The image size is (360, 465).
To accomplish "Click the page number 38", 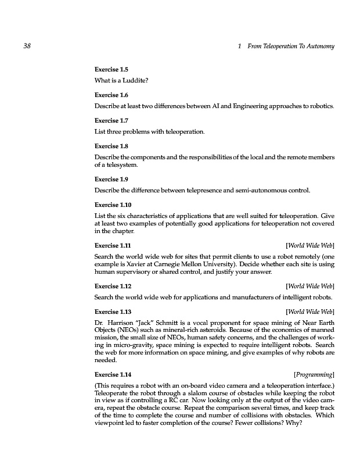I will coord(26,46).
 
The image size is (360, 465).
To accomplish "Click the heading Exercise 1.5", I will coord(110,69).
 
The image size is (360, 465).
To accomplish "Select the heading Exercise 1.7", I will coord(110,120).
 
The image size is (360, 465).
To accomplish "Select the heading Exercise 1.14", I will coord(112,374).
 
